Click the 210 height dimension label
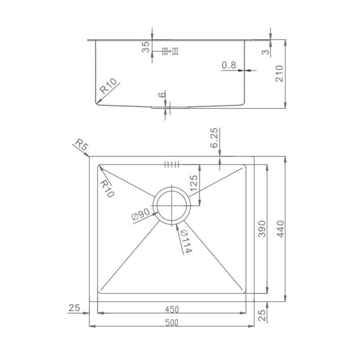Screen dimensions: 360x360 pos(279,73)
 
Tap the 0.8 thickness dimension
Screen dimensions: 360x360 pos(229,65)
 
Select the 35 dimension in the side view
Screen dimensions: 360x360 pos(145,47)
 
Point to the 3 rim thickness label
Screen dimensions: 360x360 pos(265,52)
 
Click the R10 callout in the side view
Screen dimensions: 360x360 pos(108,86)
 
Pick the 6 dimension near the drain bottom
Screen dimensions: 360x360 pos(162,94)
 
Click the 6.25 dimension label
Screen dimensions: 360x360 pos(214,138)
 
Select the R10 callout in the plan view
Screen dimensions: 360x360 pos(107,189)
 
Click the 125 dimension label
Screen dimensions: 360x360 pos(194,183)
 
